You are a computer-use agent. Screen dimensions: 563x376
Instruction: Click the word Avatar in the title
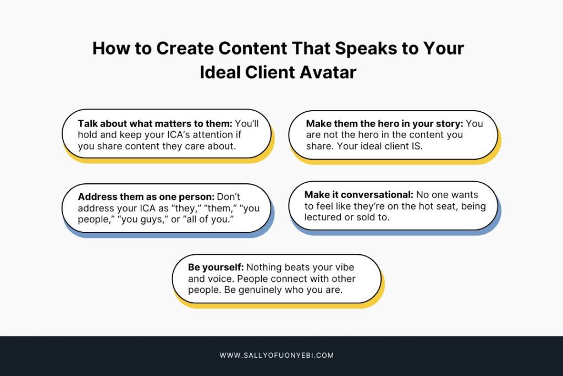328,72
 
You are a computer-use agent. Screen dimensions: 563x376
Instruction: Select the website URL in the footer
277,356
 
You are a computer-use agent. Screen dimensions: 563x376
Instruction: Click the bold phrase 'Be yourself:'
216,268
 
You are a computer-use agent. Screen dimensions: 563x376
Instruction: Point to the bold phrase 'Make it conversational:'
359,195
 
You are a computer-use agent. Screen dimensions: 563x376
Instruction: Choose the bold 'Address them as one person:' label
146,197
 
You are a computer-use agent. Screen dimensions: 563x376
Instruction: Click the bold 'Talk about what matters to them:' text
155,124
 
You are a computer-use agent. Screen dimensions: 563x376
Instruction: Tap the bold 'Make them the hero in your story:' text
384,124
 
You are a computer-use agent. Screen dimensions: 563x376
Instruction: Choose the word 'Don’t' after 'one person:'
229,197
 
